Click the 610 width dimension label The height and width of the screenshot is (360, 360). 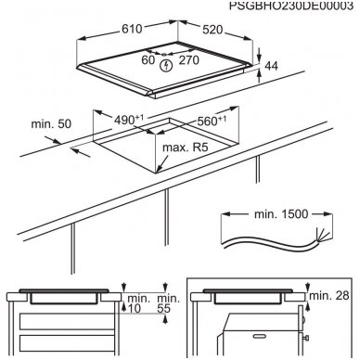tap(132, 29)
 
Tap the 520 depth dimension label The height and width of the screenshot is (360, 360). tap(212, 30)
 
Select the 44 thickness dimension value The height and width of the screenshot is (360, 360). tap(272, 66)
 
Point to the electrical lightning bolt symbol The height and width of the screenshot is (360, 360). tap(167, 66)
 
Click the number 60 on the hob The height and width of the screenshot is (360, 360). tap(148, 59)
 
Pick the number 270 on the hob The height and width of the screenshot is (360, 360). tap(189, 60)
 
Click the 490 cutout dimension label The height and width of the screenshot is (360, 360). tap(129, 120)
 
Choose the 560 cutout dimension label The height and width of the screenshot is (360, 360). tap(212, 121)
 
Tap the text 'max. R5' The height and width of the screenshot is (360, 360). tap(186, 148)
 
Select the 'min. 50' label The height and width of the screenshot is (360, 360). tap(51, 123)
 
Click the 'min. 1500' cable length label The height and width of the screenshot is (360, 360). tap(281, 214)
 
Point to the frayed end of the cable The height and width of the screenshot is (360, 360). tap(320, 237)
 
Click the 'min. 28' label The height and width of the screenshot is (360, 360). tap(329, 295)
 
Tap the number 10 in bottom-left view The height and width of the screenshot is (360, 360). tap(134, 308)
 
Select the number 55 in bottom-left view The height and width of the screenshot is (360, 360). tap(163, 308)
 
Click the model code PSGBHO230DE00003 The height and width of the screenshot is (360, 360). tap(290, 6)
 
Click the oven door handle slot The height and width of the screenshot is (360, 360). tap(259, 336)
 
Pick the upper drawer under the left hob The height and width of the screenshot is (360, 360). tap(67, 322)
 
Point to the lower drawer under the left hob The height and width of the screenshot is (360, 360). tap(67, 343)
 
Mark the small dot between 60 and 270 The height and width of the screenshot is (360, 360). tap(164, 55)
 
